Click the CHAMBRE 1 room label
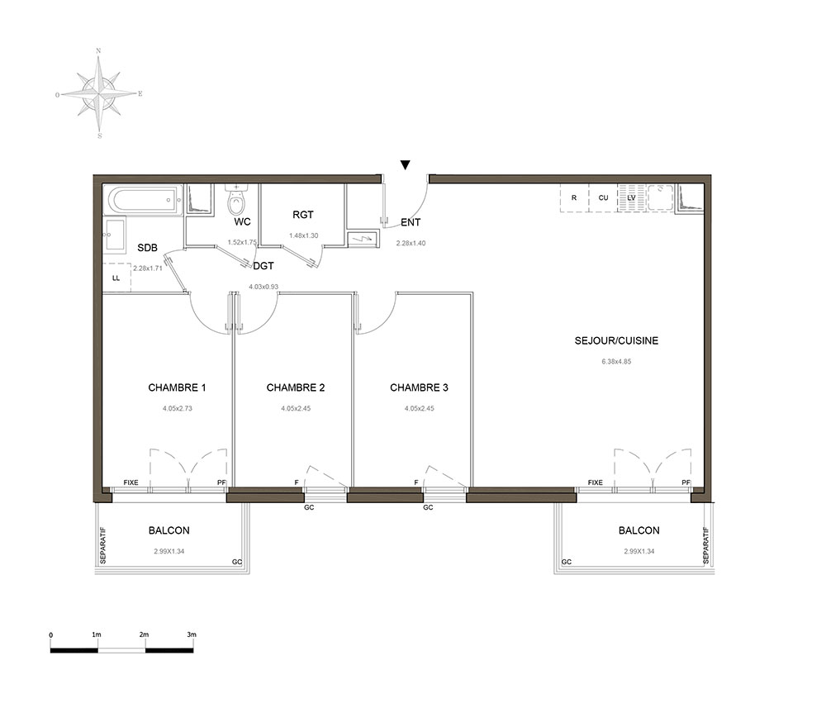pos(177,387)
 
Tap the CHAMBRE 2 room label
pos(296,387)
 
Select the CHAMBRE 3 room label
pos(419,387)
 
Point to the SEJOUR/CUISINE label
pos(616,341)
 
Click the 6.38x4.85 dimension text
pos(616,362)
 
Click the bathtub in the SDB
pos(143,200)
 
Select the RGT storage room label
pos(303,215)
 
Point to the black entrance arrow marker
pos(405,165)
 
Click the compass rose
pos(99,94)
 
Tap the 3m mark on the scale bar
pos(192,634)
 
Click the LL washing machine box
pos(116,277)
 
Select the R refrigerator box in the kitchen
pos(574,198)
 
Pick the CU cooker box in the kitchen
pos(603,198)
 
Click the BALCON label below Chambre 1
pos(169,530)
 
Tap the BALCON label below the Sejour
pos(639,530)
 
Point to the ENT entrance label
pos(411,222)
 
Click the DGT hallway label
pos(263,266)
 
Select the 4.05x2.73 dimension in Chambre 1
pos(178,408)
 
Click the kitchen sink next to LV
pos(660,197)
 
